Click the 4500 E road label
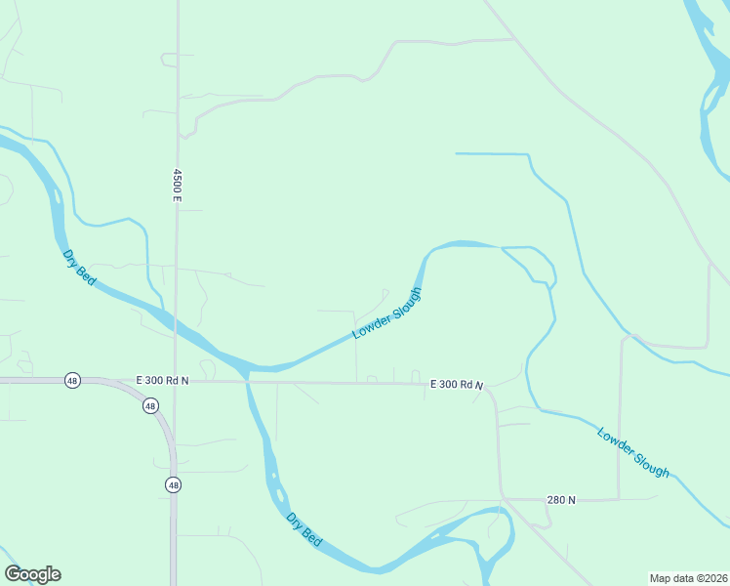point(178,185)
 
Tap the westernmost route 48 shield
point(72,380)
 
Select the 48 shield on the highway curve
point(149,405)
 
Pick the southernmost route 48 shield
point(173,484)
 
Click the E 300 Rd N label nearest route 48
point(162,380)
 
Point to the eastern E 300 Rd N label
point(457,386)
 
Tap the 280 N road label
point(561,500)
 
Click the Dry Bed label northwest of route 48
point(79,268)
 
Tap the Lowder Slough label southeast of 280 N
point(633,452)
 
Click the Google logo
point(32,574)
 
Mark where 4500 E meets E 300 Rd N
point(175,381)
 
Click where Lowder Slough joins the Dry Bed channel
point(248,368)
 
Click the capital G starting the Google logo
point(13,574)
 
